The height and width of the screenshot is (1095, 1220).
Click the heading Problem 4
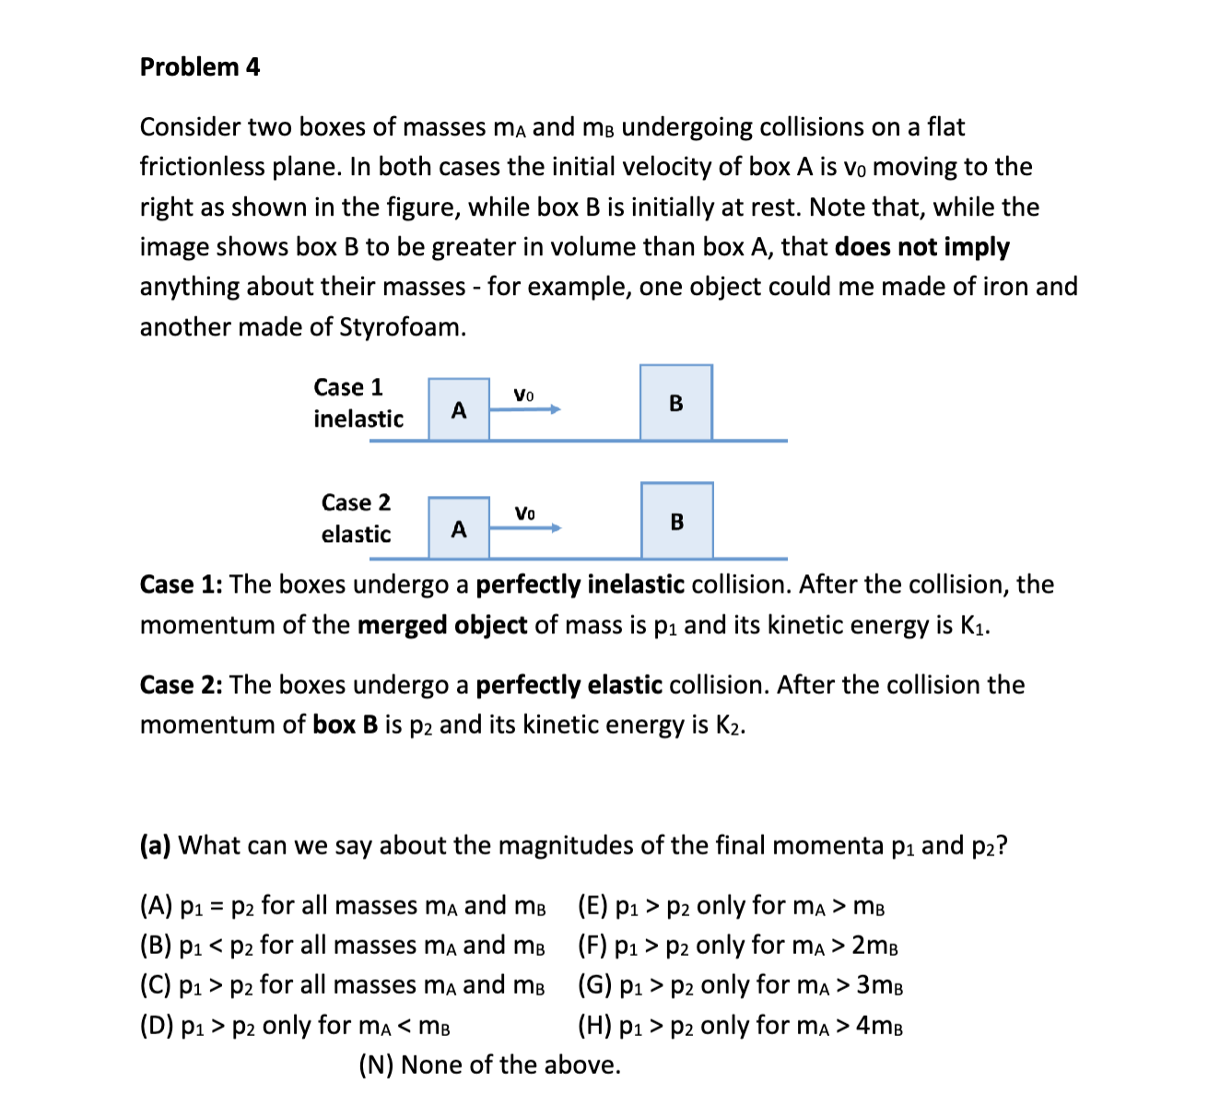point(200,67)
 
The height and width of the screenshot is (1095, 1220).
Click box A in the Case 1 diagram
point(459,409)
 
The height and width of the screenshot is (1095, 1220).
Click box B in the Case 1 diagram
point(676,403)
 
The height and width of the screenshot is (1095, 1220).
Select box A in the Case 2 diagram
point(459,528)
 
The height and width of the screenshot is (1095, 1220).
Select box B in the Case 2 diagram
point(677,521)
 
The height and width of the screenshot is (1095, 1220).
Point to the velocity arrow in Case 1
point(524,409)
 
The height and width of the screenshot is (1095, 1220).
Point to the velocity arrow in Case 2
point(525,527)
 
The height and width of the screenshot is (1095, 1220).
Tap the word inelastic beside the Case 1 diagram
point(358,419)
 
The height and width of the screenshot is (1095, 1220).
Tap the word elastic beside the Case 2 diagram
point(356,535)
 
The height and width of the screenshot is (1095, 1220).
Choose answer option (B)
point(342,946)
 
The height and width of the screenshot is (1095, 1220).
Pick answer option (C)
point(342,985)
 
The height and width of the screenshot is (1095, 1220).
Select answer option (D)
point(295,1026)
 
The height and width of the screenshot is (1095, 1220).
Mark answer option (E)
point(732,906)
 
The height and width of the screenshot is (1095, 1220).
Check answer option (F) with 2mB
point(738,946)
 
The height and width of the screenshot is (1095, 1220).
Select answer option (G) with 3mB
point(740,985)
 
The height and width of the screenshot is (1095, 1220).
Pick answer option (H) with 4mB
point(740,1026)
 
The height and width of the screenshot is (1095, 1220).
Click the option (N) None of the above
point(489,1066)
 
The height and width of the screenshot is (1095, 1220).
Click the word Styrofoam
point(403,327)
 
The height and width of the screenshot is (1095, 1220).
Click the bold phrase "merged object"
point(441,626)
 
